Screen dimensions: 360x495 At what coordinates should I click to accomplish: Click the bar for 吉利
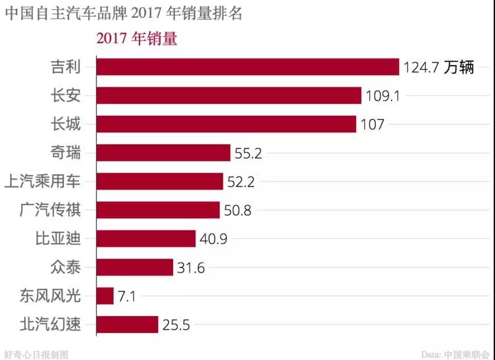coord(247,67)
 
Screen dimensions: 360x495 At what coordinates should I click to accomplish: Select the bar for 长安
coord(228,95)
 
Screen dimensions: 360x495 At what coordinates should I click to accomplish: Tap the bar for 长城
coord(226,124)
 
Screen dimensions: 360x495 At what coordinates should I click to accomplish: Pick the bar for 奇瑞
coord(163,153)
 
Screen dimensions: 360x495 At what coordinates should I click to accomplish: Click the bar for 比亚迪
coord(146,239)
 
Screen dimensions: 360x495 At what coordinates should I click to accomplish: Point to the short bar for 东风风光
coord(105,296)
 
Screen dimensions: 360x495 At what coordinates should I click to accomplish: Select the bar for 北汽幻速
coord(128,324)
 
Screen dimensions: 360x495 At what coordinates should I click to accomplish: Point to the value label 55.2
coord(249,153)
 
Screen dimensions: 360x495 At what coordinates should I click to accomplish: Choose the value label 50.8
coord(238,211)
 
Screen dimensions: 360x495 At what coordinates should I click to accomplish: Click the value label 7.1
coord(126,296)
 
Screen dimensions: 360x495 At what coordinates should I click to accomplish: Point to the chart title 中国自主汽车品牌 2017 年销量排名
coord(124,14)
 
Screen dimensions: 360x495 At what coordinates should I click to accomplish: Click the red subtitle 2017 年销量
coord(137,39)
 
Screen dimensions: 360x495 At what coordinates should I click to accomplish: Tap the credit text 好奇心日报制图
coord(36,353)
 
